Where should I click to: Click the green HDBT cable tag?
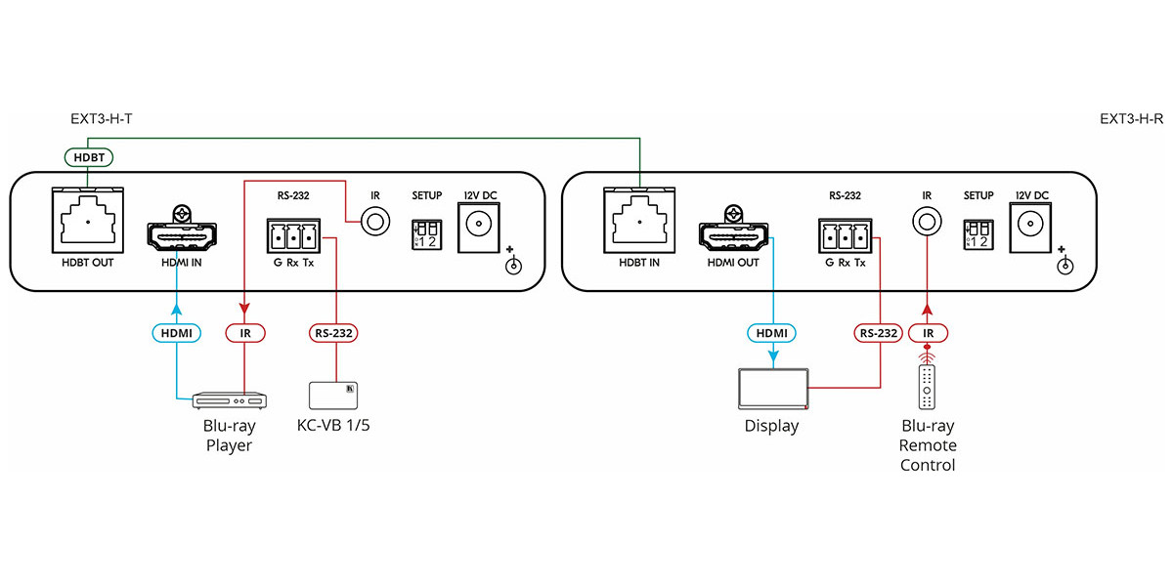[88, 156]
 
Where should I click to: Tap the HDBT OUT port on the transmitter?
[88, 221]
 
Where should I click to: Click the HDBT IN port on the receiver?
[639, 221]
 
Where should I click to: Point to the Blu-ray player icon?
[229, 399]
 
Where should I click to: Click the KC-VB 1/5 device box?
[334, 395]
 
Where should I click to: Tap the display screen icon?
[773, 388]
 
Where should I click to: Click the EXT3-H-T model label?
[102, 120]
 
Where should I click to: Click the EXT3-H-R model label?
[1131, 120]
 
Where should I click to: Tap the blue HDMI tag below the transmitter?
[178, 333]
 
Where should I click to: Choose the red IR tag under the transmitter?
[244, 333]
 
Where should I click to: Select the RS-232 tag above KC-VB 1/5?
[334, 333]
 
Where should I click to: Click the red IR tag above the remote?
[926, 333]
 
